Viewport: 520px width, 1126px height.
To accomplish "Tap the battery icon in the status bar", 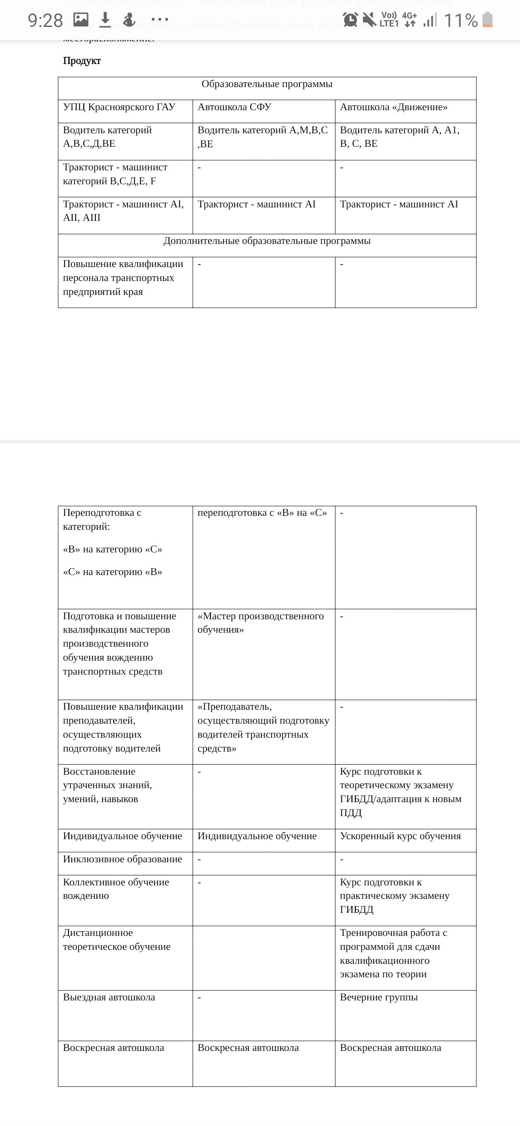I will pyautogui.click(x=487, y=20).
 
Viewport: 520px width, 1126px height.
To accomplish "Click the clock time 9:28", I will pyautogui.click(x=45, y=21).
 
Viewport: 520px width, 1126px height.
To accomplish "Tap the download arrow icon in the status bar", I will pyautogui.click(x=105, y=20).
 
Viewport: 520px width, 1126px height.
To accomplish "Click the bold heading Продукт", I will pyautogui.click(x=82, y=61).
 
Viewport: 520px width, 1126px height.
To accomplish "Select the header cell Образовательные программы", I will pyautogui.click(x=267, y=84).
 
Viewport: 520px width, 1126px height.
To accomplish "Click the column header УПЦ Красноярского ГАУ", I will pyautogui.click(x=119, y=107).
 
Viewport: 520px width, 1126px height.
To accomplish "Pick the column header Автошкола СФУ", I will pyautogui.click(x=234, y=107).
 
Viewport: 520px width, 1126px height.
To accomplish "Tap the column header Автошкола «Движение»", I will pyautogui.click(x=393, y=107).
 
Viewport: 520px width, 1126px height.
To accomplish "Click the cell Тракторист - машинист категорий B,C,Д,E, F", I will pyautogui.click(x=115, y=174).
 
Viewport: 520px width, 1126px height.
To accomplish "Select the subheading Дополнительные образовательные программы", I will pyautogui.click(x=267, y=241).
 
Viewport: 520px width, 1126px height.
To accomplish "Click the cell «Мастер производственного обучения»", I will pyautogui.click(x=260, y=623).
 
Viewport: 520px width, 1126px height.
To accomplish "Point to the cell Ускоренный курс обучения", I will pyautogui.click(x=400, y=836).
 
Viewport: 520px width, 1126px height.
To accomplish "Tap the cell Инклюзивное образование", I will pyautogui.click(x=122, y=859).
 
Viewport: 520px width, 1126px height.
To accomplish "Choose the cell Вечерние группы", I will pyautogui.click(x=378, y=998).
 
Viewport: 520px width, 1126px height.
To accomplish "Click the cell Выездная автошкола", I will pyautogui.click(x=109, y=998).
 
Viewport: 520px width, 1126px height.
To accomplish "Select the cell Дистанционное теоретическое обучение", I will pyautogui.click(x=117, y=940).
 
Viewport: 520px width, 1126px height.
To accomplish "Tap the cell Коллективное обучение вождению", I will pyautogui.click(x=116, y=889).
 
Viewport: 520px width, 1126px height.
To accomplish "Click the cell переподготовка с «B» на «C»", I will pyautogui.click(x=262, y=513).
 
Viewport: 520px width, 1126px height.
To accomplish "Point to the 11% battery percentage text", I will pyautogui.click(x=460, y=21).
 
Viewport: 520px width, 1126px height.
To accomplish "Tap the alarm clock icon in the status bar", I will pyautogui.click(x=350, y=20).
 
